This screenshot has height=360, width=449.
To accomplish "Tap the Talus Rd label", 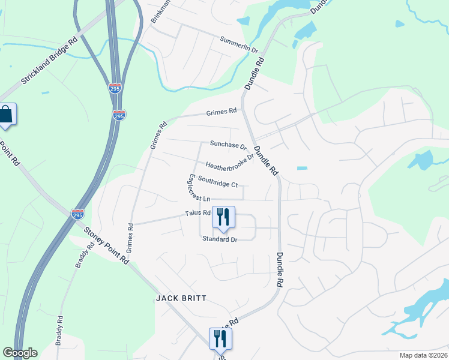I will [197, 212].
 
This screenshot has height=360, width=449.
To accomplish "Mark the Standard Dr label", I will [220, 239].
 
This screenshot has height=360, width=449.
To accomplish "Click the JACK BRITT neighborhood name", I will [181, 298].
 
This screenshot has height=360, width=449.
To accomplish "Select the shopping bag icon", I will [7, 115].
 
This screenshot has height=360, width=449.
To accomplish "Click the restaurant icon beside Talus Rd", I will [223, 218].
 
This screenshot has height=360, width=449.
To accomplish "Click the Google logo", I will [20, 353].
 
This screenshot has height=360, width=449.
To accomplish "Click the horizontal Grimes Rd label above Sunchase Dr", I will [222, 112].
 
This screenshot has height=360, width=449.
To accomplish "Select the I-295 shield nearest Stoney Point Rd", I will [77, 214].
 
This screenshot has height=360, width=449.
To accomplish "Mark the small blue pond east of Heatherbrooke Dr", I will [302, 168].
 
